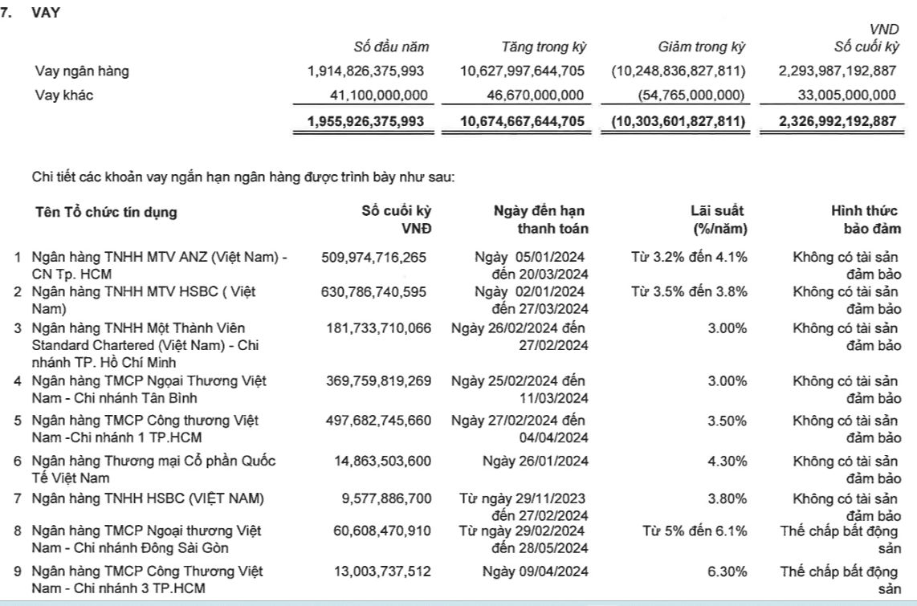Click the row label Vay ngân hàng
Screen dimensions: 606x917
[x=82, y=71]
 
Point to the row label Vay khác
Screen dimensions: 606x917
[x=64, y=96]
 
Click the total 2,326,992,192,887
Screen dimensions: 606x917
[x=837, y=123]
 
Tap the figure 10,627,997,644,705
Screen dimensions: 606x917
[x=522, y=71]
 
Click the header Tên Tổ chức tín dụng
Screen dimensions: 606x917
[x=107, y=212]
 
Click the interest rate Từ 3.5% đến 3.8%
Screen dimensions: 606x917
[x=689, y=291]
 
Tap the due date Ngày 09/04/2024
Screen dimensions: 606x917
[x=534, y=572]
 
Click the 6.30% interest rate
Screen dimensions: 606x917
[x=727, y=572]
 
